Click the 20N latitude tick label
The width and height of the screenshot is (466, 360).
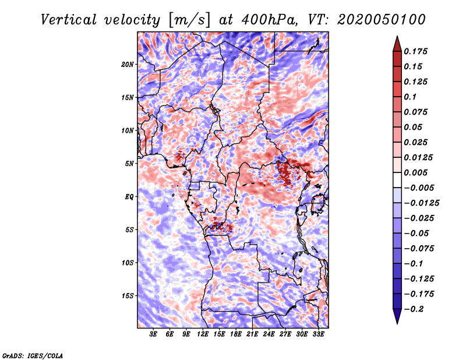(128, 64)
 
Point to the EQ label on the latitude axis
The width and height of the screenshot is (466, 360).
(129, 197)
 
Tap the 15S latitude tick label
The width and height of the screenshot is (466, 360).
(128, 296)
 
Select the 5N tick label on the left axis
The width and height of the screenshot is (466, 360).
(129, 164)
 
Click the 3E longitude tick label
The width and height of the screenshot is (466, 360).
(154, 335)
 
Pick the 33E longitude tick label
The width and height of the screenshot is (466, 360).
(318, 335)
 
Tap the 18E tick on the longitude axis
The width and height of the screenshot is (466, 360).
(236, 335)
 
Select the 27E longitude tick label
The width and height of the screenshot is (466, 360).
(285, 335)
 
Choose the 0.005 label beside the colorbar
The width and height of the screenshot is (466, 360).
(417, 173)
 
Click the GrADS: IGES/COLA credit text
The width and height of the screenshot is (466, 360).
(32, 355)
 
